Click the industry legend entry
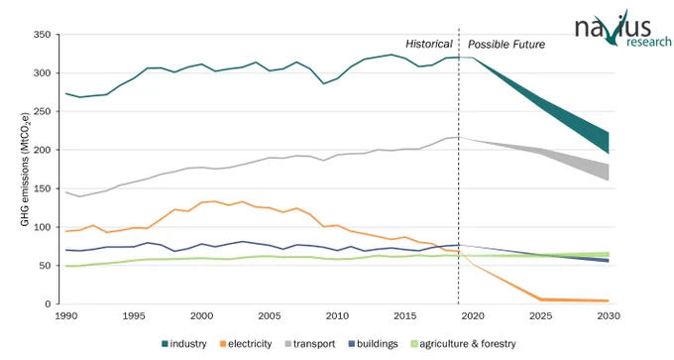coord(184,344)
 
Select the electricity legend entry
coord(246,344)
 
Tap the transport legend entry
coord(309,344)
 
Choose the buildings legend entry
coord(373,344)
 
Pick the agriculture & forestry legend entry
coord(464,344)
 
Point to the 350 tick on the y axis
coord(42,35)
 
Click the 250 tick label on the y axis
coord(42,111)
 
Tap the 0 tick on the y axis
coord(48,304)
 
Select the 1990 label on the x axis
coord(66,316)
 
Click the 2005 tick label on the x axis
coord(270,316)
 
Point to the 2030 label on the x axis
coord(609,316)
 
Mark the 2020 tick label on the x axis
coord(473,316)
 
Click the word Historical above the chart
coord(429,44)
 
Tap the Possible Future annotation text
coord(506,45)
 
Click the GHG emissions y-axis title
coord(25,169)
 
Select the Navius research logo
coord(622,28)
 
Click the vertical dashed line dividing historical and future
coord(459,166)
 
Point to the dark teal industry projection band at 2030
coord(608,143)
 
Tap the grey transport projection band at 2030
coord(608,172)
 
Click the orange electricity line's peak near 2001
coord(215,201)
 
